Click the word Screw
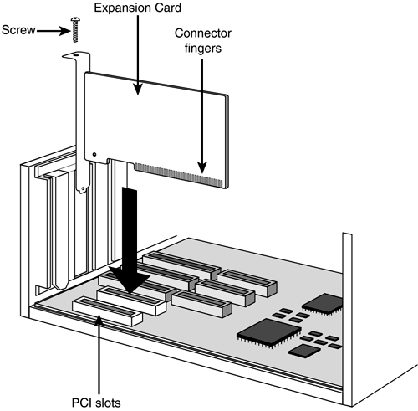pyautogui.click(x=18, y=30)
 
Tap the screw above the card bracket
pyautogui.click(x=74, y=29)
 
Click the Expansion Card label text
pyautogui.click(x=138, y=8)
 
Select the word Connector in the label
pyautogui.click(x=203, y=33)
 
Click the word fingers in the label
pyautogui.click(x=203, y=48)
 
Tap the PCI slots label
pyautogui.click(x=96, y=403)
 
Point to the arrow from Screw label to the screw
pyautogui.click(x=54, y=31)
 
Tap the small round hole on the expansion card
pyautogui.click(x=94, y=154)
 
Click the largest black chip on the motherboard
pyautogui.click(x=268, y=333)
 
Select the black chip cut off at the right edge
pyautogui.click(x=323, y=305)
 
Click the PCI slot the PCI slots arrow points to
pyautogui.click(x=107, y=311)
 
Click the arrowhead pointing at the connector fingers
pyautogui.click(x=202, y=167)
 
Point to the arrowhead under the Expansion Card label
pyautogui.click(x=138, y=89)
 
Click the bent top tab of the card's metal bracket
pyautogui.click(x=73, y=55)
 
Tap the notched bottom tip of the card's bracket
pyautogui.click(x=82, y=189)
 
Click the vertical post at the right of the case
pyautogui.click(x=347, y=319)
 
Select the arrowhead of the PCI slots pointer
pyautogui.click(x=99, y=320)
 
